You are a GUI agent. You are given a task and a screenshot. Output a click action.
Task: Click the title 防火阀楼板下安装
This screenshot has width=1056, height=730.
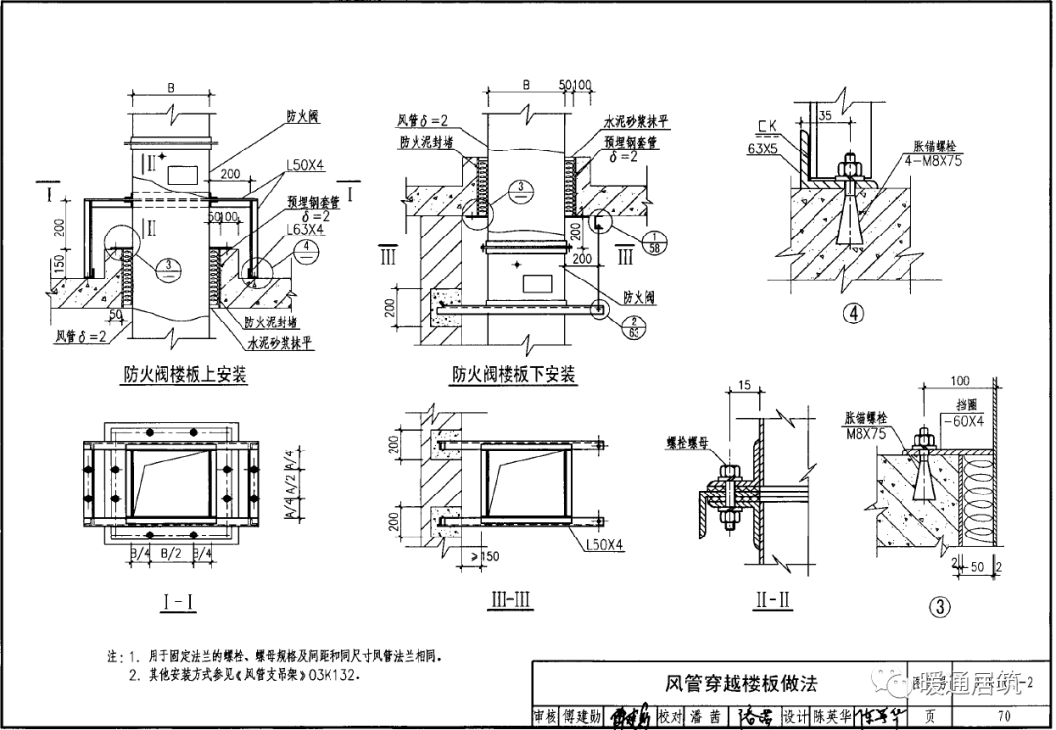tap(513, 374)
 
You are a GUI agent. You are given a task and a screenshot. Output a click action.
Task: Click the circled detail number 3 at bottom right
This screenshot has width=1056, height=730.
tap(941, 606)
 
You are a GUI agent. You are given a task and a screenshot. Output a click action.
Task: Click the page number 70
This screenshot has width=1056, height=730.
tap(1004, 716)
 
